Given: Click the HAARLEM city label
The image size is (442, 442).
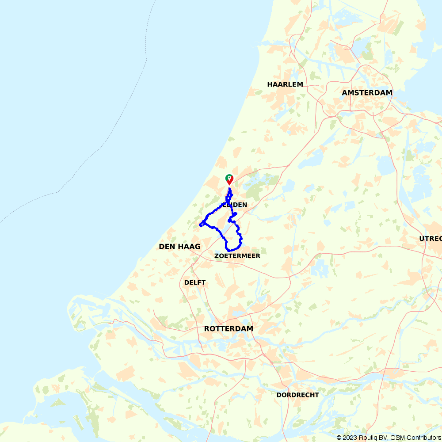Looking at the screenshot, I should (x=285, y=84).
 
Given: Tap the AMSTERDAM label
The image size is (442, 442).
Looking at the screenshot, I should (x=367, y=92).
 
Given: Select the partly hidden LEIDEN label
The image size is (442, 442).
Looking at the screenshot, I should (x=234, y=205).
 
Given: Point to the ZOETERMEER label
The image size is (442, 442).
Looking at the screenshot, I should (x=237, y=256).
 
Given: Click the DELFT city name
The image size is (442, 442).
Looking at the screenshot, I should (x=195, y=282).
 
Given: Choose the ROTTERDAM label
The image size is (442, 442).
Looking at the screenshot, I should (x=229, y=328).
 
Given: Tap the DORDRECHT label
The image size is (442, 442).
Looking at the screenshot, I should (x=297, y=395).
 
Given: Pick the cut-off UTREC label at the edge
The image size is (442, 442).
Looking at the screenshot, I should (x=431, y=239).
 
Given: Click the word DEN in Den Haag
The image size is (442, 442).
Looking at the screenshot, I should (x=168, y=246).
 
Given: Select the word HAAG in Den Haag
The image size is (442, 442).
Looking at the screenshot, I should (x=189, y=246).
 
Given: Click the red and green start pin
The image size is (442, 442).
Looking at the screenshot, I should (x=229, y=179).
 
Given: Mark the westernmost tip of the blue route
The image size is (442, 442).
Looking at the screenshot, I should (x=200, y=225).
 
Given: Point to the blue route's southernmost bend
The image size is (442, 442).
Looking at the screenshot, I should (x=230, y=250).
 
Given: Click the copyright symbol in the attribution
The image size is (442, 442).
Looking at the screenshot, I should (x=339, y=438).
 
